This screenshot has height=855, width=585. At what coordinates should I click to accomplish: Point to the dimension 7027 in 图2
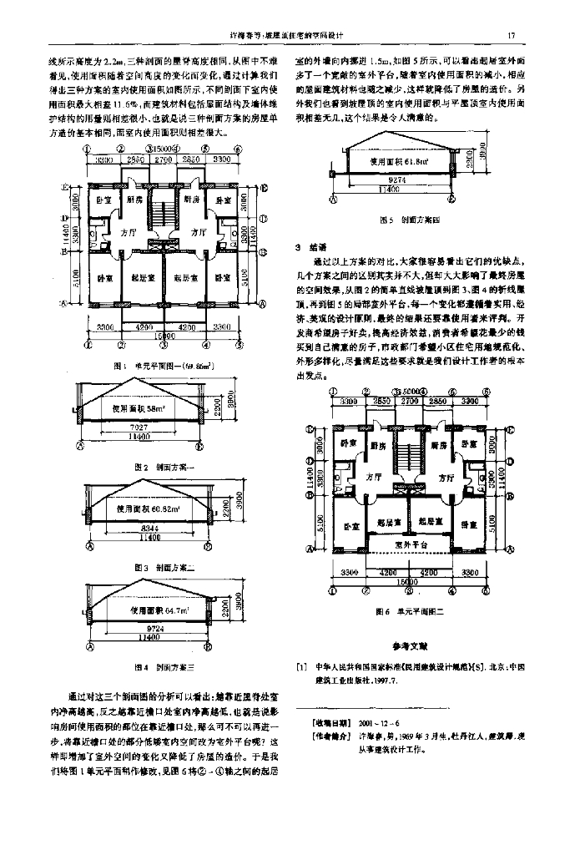click(140, 427)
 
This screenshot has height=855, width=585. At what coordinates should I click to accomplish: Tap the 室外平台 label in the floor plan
click(409, 544)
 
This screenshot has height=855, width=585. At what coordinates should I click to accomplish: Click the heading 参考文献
click(409, 645)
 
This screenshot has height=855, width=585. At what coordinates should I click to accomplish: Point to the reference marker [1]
click(301, 667)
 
